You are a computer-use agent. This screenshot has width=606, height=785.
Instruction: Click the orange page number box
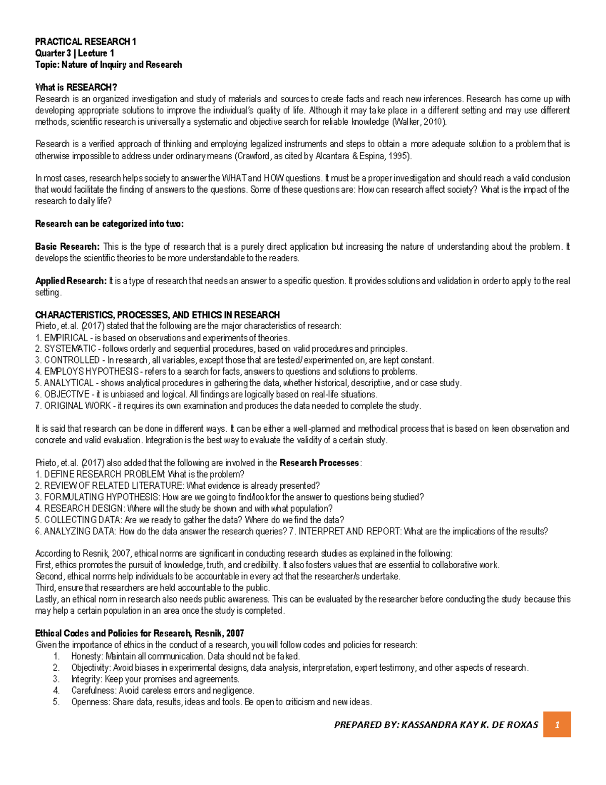pos(557,724)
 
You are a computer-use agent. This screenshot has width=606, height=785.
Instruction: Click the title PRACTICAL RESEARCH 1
pos(85,41)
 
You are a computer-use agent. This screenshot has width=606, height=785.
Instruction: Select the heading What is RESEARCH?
pos(76,87)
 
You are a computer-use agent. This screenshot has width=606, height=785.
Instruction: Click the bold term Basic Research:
pos(67,247)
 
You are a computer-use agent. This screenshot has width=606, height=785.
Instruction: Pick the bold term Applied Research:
pos(70,281)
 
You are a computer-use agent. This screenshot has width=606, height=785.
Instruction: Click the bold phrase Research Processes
pos(319,463)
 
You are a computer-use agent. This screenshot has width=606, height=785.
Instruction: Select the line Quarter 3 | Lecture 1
pos(74,53)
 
